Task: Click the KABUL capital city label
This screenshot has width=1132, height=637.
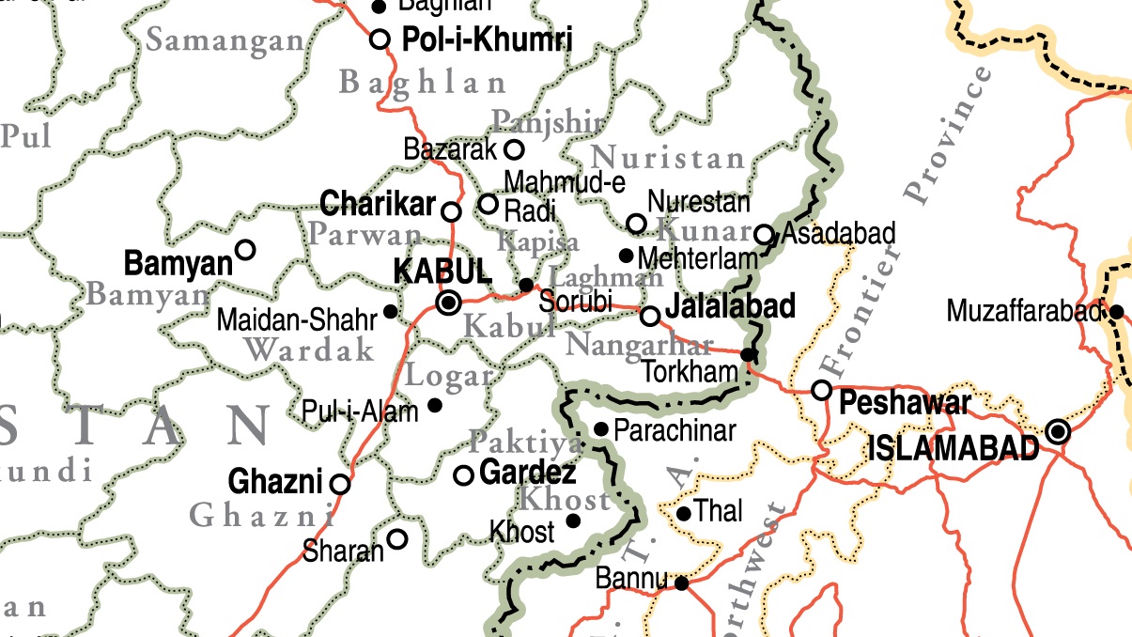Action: [x=442, y=272]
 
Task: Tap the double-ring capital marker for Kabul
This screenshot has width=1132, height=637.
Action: [x=449, y=303]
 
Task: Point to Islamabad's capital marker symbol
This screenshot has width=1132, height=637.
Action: [x=1059, y=431]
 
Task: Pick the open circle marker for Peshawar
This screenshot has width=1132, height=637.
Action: [x=822, y=390]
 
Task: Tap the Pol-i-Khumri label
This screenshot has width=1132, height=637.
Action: [x=487, y=39]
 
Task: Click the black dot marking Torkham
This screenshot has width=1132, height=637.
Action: [x=748, y=354]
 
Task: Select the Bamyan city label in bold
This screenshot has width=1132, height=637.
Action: [x=178, y=263]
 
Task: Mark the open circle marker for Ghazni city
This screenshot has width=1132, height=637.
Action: [x=340, y=485]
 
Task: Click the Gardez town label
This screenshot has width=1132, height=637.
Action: [x=527, y=473]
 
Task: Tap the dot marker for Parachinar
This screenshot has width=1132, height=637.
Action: [x=602, y=429]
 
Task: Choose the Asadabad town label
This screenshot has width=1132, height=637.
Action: [x=838, y=233]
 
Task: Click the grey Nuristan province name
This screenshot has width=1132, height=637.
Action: [x=669, y=157]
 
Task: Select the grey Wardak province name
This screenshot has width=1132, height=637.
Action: [x=310, y=350]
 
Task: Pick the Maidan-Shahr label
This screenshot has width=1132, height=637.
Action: [x=297, y=319]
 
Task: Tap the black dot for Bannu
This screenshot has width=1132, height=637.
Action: [x=682, y=583]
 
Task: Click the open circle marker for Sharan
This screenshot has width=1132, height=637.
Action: [x=397, y=538]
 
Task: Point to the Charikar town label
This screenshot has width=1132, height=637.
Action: [x=378, y=203]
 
